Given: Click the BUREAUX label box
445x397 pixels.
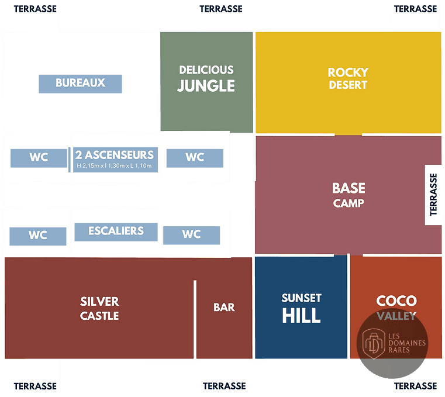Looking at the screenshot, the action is pyautogui.click(x=80, y=84).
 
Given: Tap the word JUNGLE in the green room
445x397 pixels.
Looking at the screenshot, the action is pyautogui.click(x=206, y=86).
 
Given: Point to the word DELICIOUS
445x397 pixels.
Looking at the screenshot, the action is pyautogui.click(x=206, y=70).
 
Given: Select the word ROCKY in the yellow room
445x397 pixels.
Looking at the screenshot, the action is pyautogui.click(x=349, y=73).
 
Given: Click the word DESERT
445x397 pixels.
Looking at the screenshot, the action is pyautogui.click(x=349, y=85).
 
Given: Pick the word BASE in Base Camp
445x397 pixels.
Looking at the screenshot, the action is pyautogui.click(x=349, y=188).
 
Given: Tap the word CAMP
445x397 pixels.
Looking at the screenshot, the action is pyautogui.click(x=349, y=203).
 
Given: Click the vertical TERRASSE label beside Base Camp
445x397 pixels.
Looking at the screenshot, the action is pyautogui.click(x=433, y=195).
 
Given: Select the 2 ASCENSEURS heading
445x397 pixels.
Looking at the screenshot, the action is pyautogui.click(x=115, y=155).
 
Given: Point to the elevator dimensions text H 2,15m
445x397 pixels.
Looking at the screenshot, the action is pyautogui.click(x=114, y=165).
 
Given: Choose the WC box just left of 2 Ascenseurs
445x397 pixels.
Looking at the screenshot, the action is pyautogui.click(x=39, y=158).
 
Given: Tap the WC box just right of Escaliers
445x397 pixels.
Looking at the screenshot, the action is pyautogui.click(x=192, y=235).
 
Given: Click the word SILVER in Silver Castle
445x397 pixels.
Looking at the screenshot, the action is pyautogui.click(x=99, y=302).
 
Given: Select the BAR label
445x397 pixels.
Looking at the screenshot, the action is pyautogui.click(x=224, y=308).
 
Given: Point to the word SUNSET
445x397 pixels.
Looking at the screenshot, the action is pyautogui.click(x=301, y=298).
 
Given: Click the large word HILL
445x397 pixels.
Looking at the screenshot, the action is pyautogui.click(x=301, y=316).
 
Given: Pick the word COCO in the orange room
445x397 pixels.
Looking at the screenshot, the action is pyautogui.click(x=396, y=301).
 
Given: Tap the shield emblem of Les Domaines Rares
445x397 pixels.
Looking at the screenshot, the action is pyautogui.click(x=374, y=344).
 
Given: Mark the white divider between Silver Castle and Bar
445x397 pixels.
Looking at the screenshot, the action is pyautogui.click(x=195, y=319).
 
